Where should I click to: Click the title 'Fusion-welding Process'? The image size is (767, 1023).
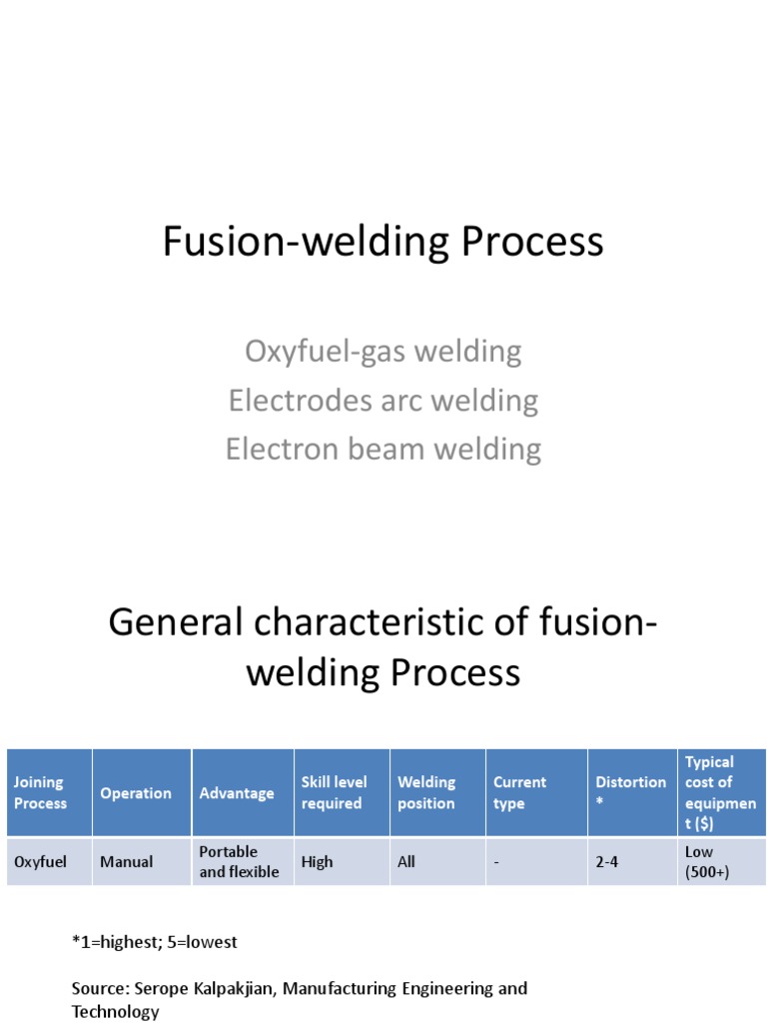point(383,243)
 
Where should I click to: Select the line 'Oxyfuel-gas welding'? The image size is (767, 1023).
point(383,352)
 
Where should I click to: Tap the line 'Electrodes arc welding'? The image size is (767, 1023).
point(383,401)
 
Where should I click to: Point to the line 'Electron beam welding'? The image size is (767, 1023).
point(383,449)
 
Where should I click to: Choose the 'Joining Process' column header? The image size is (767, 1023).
point(41,793)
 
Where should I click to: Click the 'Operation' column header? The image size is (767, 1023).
point(136,793)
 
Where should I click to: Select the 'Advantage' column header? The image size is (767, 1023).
point(237,793)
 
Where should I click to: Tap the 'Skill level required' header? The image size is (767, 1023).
point(335,793)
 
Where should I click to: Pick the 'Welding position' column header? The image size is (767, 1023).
point(426,793)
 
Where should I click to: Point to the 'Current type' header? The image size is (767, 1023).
point(520,793)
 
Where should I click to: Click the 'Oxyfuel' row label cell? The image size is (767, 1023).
point(41,861)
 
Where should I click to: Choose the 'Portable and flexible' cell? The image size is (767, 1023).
point(240,861)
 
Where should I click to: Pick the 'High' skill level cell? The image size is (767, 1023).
point(318,861)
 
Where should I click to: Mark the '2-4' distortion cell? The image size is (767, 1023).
point(607,861)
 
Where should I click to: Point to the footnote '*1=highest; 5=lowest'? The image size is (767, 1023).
point(155,942)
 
